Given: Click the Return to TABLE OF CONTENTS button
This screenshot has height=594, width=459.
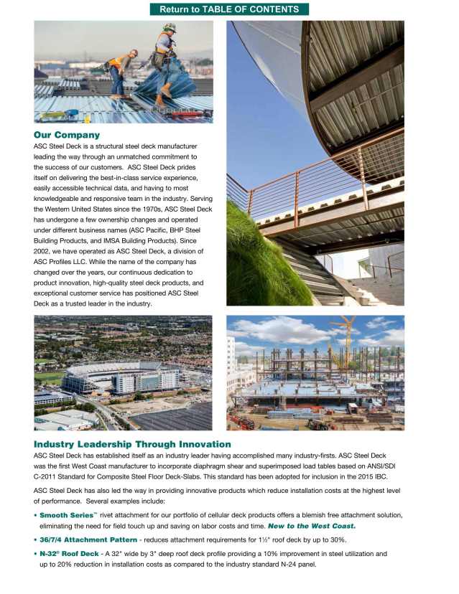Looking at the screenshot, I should coord(229,9).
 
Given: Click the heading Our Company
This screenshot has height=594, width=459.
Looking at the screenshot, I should coord(67,135).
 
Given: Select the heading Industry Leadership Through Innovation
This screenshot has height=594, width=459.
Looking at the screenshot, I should coord(132,445).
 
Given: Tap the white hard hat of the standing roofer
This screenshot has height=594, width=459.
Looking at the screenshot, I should coord(170,27).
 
